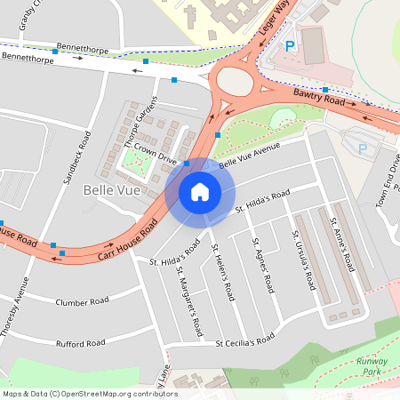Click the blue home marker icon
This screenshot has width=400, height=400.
tap(200, 191)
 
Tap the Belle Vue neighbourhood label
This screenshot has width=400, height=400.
tap(108, 190)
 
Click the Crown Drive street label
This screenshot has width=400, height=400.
tap(158, 152)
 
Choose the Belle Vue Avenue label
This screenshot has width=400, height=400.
tap(249, 154)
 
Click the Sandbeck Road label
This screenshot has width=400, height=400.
tap(76, 156)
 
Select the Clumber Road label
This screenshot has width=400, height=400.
tap(81, 301)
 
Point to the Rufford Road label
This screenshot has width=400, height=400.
tap(80, 343)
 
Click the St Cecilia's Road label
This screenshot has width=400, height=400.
tap(246, 341)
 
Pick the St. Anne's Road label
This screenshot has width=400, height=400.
tap(342, 244)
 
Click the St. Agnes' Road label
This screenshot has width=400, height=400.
tap(261, 265)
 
